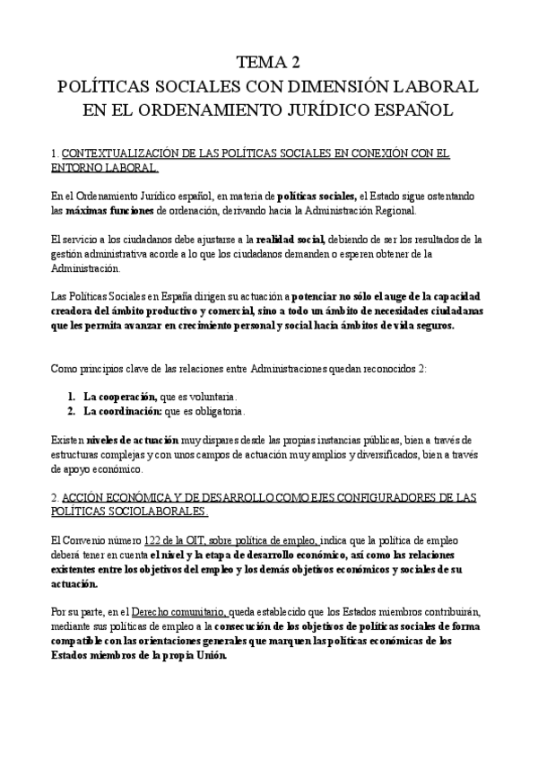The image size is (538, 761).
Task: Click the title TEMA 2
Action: [x=268, y=62]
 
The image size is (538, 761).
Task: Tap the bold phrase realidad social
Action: [x=289, y=240]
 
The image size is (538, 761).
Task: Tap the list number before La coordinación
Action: [x=71, y=411]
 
